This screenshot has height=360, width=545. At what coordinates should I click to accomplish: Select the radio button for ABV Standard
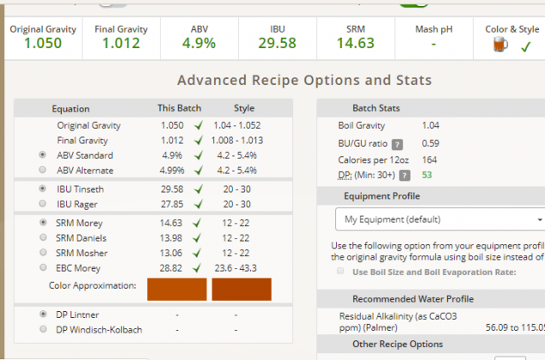pos(43,155)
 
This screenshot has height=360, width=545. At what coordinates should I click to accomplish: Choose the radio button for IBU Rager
pos(43,203)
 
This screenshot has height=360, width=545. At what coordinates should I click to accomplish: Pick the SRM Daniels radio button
pos(43,237)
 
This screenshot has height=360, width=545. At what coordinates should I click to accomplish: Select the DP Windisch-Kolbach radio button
pos(43,330)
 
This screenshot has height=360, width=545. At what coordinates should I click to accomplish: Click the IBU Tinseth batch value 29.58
pos(171,189)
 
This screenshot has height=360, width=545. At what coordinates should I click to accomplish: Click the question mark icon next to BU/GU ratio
pos(398,143)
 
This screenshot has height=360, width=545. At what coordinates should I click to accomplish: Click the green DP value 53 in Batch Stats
pos(426,175)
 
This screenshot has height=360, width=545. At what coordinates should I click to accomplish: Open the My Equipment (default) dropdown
pos(440,219)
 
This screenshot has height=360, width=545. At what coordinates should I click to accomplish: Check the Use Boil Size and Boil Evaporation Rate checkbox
pos(342,272)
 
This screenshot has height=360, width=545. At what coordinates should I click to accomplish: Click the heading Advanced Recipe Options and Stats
pos(304,81)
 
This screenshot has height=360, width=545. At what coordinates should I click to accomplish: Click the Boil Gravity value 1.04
pos(430,126)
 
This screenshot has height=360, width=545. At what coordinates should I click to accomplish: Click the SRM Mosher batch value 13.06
pos(171,253)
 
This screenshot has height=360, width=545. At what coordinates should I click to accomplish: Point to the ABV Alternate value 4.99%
pos(171,171)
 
